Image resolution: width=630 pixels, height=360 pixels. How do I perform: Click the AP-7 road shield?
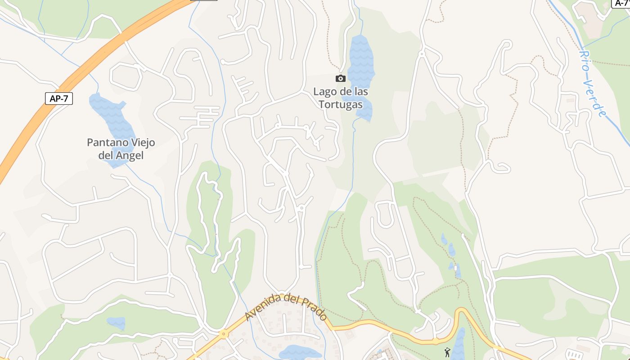click(59, 99)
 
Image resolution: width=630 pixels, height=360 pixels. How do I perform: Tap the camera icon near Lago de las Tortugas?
click(341, 79)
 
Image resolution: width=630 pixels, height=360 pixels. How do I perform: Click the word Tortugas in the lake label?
click(341, 104)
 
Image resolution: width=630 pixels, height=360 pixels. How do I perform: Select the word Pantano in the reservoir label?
click(104, 143)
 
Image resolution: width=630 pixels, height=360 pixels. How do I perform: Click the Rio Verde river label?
click(591, 83)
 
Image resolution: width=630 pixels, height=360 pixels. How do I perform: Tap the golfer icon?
click(447, 352)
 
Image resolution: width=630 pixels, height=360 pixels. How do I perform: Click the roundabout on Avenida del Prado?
click(223, 334)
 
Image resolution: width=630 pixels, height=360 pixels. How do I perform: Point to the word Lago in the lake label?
click(324, 92)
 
